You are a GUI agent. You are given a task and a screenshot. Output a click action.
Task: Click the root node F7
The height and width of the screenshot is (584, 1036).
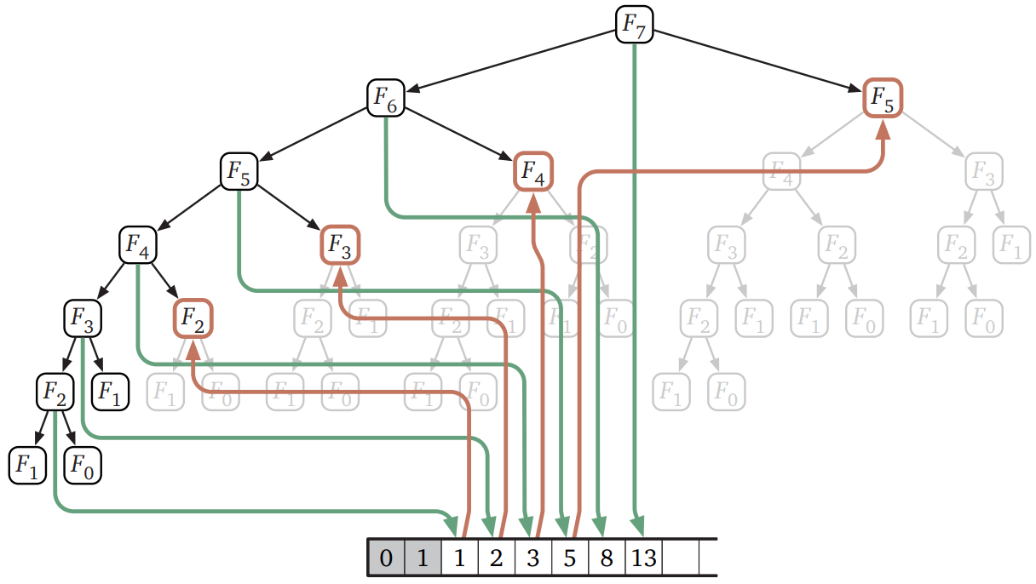634,26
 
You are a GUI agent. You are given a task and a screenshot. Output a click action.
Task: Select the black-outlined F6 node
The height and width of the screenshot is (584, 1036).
386,99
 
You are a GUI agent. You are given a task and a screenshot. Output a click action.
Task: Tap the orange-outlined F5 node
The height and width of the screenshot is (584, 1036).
883,99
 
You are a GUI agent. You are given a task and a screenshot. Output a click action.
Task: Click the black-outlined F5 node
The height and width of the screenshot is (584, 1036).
239,172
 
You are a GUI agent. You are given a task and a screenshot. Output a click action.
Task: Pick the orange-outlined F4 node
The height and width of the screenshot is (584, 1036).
533,172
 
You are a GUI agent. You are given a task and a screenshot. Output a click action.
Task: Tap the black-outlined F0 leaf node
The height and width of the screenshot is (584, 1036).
83,465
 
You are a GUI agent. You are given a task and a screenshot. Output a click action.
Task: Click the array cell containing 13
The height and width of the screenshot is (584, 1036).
644,558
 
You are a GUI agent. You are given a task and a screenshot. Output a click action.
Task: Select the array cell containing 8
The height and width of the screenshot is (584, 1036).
607,558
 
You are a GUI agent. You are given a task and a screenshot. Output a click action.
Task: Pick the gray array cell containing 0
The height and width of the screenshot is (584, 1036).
386,558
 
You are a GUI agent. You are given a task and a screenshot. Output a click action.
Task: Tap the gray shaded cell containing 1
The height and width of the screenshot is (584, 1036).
423,558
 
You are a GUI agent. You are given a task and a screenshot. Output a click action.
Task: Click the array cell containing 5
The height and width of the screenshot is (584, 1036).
570,558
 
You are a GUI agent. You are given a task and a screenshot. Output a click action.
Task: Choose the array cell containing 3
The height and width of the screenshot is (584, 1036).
533,558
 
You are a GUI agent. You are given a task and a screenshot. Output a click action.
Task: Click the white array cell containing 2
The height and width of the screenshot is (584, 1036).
496,558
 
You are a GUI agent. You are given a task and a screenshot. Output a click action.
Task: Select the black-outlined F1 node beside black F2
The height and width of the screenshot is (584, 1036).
110,392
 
